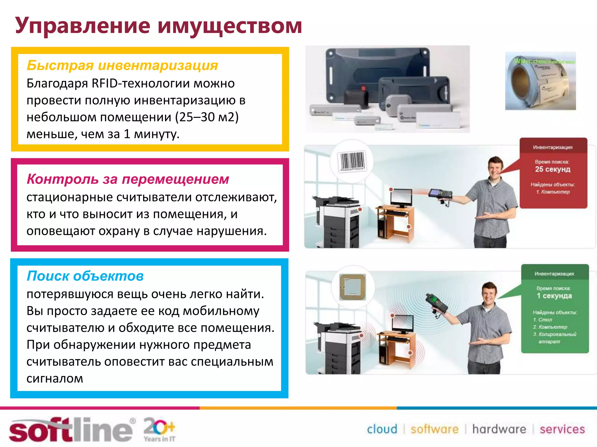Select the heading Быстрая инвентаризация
(122, 65)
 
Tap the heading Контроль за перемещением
(128, 179)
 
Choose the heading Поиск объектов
(85, 276)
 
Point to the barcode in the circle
(352, 161)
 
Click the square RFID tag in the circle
(353, 287)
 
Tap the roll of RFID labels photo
(540, 81)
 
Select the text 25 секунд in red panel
(553, 169)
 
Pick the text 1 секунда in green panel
(554, 296)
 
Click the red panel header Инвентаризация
(553, 147)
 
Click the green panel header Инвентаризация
(554, 274)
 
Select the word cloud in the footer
(382, 429)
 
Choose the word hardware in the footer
(499, 429)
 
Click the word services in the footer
(562, 429)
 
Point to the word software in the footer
(434, 429)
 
